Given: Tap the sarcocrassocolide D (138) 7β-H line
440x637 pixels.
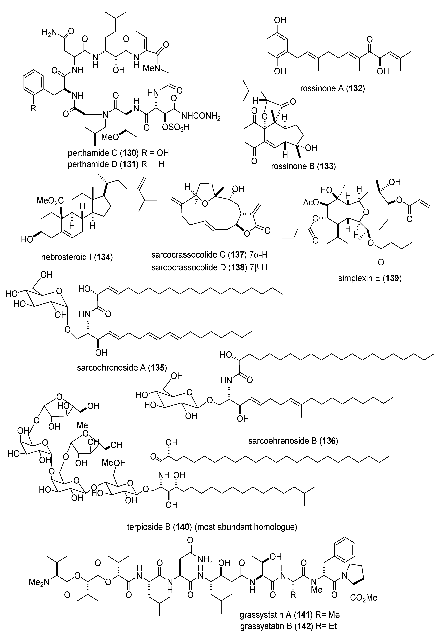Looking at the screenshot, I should pos(210,267).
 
